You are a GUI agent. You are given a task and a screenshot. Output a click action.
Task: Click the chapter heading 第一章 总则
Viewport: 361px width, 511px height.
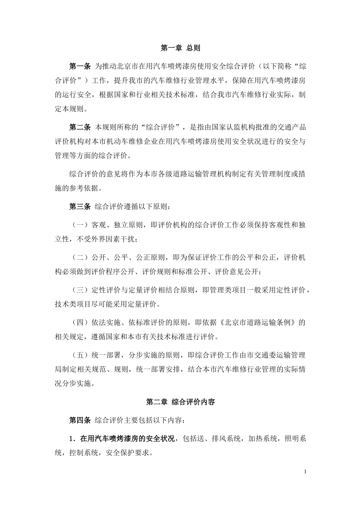[180, 48]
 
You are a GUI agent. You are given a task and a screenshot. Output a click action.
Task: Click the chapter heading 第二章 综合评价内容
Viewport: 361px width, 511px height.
[180, 401]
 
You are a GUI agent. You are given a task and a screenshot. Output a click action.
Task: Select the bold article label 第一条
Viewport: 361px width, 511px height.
[79, 67]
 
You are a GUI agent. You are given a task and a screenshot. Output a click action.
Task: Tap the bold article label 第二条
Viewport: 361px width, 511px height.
[79, 127]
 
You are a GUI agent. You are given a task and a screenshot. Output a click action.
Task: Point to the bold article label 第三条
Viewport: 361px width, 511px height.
[79, 206]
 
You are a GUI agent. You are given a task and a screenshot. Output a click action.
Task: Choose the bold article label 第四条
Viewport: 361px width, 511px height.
[79, 421]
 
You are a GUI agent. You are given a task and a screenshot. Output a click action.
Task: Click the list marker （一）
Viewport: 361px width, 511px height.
[80, 225]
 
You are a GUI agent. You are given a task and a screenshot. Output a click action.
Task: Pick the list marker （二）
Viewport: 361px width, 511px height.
[80, 258]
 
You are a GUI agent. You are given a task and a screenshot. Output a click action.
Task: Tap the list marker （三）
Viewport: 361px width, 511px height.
[80, 290]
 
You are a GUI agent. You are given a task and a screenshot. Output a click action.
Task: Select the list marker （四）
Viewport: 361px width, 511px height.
[80, 323]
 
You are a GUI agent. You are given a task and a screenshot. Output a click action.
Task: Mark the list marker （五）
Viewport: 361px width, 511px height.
[80, 355]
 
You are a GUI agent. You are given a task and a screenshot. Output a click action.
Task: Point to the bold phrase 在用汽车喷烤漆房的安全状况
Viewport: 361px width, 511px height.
[128, 439]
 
